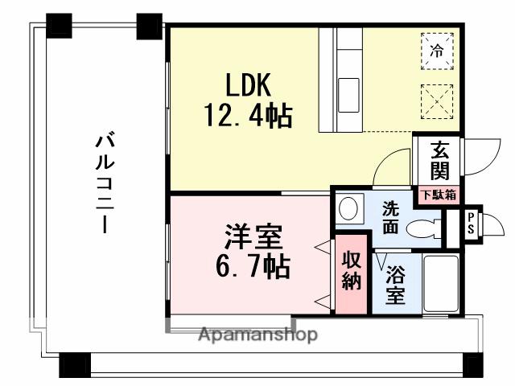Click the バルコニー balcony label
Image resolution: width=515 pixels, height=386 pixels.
pyautogui.click(x=103, y=184)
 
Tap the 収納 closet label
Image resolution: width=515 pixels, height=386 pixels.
pyautogui.click(x=351, y=270)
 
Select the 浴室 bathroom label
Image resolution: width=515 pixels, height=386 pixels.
pyautogui.click(x=395, y=285)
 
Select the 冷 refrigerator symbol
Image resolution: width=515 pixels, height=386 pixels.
pyautogui.click(x=437, y=50)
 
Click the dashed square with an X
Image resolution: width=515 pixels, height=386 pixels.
pyautogui.click(x=437, y=101)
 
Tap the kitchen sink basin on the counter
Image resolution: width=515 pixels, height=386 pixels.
pyautogui.click(x=350, y=88)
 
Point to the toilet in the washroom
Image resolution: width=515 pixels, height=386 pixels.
pyautogui.click(x=426, y=228)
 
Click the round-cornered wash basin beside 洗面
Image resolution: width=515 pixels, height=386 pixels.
pyautogui.click(x=348, y=208)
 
